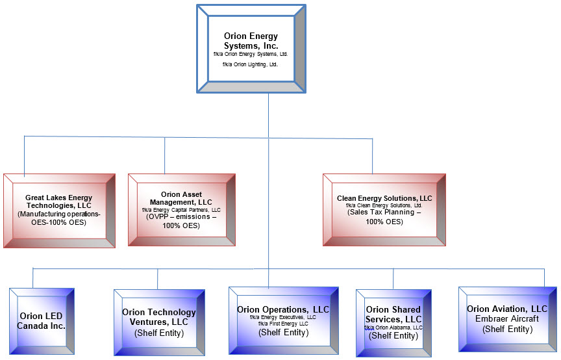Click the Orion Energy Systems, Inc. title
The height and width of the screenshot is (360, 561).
251,41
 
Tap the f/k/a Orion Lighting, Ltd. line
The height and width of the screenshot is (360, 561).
250,64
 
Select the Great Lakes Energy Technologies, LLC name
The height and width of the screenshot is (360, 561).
58,201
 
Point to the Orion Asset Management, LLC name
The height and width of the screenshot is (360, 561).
181,198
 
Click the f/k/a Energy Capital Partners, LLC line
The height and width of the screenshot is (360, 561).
181,210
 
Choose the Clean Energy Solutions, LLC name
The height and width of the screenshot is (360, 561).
384,198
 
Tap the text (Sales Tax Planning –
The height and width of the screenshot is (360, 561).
384,212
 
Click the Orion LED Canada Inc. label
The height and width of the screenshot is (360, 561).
41,321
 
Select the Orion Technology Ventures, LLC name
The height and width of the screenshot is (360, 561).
159,317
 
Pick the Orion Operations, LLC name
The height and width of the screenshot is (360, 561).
283,309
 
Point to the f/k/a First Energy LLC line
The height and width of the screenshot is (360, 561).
283,324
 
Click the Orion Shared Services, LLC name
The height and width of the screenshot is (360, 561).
393,314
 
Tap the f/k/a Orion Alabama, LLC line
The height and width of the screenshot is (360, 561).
393,328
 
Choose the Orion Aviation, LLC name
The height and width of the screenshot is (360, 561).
507,309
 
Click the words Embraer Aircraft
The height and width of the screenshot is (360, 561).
507,319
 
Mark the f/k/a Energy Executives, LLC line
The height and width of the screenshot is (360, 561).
283,317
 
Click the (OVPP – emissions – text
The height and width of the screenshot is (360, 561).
181,217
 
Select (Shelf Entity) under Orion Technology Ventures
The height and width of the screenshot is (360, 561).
159,333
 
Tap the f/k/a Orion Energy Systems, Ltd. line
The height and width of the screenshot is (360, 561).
251,54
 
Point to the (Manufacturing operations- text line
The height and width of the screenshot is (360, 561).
59,214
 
